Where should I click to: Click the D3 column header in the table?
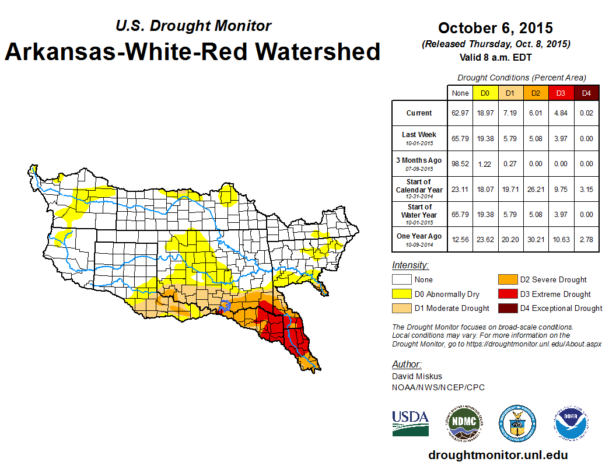click(561, 93)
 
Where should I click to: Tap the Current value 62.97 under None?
click(460, 113)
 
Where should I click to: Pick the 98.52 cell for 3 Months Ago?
click(460, 164)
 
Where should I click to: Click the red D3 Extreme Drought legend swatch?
click(506, 294)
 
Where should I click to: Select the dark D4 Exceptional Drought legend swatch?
click(506, 308)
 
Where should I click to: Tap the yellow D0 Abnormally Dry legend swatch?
click(401, 294)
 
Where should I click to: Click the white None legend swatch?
click(401, 280)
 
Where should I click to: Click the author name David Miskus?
click(416, 376)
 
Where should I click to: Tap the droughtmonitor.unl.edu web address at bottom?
click(498, 455)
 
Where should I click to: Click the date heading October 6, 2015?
click(495, 28)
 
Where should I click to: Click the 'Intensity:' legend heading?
click(410, 265)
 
